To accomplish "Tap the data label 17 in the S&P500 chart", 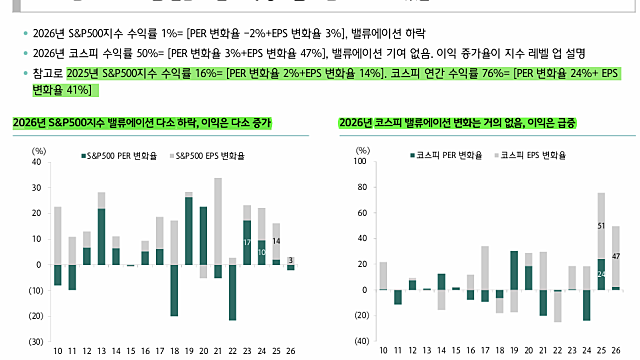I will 247,243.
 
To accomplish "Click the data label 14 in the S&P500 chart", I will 276,241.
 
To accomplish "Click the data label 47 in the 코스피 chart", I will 616,257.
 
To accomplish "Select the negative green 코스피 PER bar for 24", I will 587,305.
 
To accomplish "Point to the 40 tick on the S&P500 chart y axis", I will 37,162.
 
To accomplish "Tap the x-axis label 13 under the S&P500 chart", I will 101,350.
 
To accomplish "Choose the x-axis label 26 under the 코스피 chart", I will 616,350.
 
